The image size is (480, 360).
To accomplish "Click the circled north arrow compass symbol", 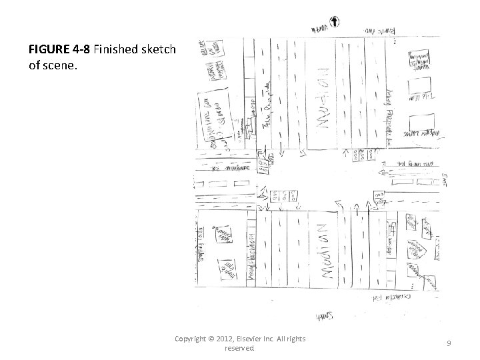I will click(333, 21).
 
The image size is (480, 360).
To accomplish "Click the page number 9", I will click(449, 343).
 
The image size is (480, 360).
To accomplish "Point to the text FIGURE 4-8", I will click(57, 49).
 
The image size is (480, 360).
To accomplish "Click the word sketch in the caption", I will click(160, 49).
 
